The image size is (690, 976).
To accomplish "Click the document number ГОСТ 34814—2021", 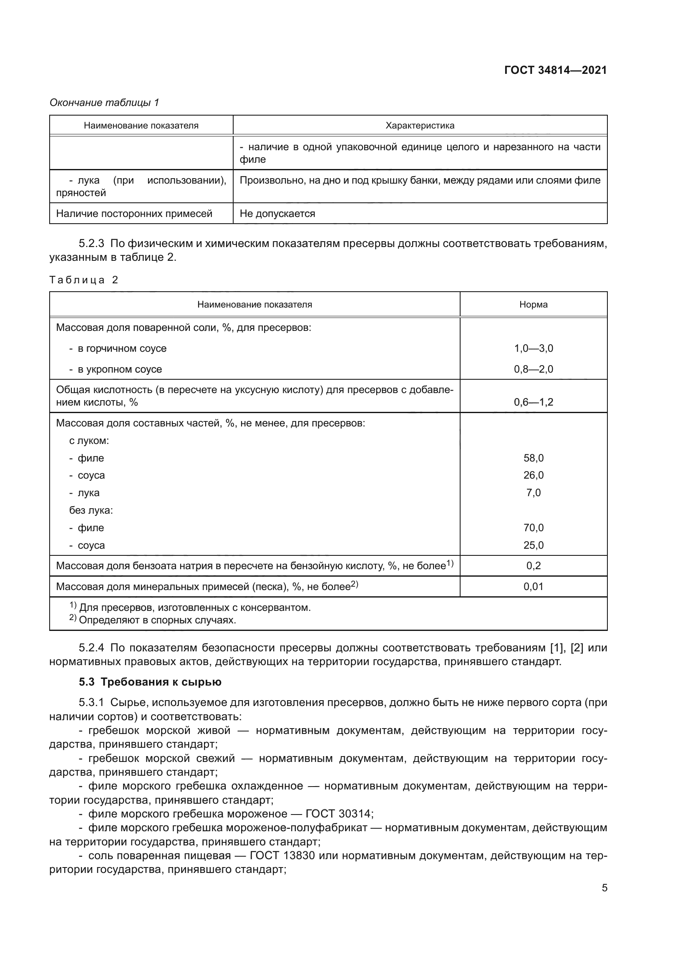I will pyautogui.click(x=555, y=71).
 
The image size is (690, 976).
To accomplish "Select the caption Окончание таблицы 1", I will pyautogui.click(x=104, y=103).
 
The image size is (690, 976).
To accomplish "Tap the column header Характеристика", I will pyautogui.click(x=419, y=126).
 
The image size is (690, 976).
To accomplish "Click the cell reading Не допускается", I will pyautogui.click(x=277, y=214).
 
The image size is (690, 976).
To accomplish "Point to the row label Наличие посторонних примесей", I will pyautogui.click(x=134, y=214).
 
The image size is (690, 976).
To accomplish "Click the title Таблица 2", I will pyautogui.click(x=84, y=280).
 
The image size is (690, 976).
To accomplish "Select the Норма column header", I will pyautogui.click(x=533, y=305).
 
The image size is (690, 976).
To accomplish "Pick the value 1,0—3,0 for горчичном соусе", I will pyautogui.click(x=533, y=348).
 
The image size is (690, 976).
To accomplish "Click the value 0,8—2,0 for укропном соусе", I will pyautogui.click(x=533, y=369).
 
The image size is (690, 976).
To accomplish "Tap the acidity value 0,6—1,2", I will pyautogui.click(x=533, y=402).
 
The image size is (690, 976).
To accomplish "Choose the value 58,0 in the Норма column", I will pyautogui.click(x=533, y=458).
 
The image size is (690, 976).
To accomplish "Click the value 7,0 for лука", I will pyautogui.click(x=533, y=493).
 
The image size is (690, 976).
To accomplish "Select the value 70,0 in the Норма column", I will pyautogui.click(x=533, y=528).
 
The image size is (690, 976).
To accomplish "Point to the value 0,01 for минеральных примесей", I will pyautogui.click(x=533, y=587).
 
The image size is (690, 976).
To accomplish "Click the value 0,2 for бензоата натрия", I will pyautogui.click(x=533, y=566).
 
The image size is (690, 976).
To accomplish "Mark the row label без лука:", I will pyautogui.click(x=91, y=510).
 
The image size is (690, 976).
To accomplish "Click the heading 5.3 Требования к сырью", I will pyautogui.click(x=150, y=682).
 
